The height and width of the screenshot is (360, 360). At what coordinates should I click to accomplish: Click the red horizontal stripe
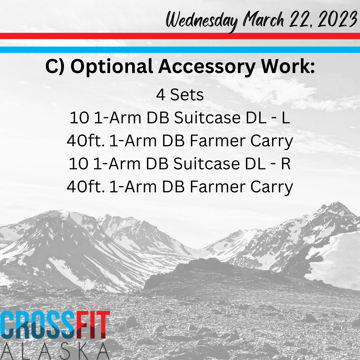point(180,36)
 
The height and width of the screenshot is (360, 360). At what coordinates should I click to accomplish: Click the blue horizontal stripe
point(180,50)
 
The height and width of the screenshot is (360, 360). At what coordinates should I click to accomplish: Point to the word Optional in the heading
point(112,67)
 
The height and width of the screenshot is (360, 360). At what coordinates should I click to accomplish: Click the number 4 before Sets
point(160,95)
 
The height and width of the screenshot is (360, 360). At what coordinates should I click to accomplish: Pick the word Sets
point(187,95)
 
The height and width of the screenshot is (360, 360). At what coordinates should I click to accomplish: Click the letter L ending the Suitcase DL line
point(286,118)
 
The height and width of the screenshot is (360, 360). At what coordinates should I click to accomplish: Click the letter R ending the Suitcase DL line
point(286,164)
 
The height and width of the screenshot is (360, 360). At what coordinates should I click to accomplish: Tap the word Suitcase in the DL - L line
point(207,118)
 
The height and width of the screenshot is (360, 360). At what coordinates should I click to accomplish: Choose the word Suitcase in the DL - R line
point(207,164)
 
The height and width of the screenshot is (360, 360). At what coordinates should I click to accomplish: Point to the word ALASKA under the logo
point(55,351)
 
